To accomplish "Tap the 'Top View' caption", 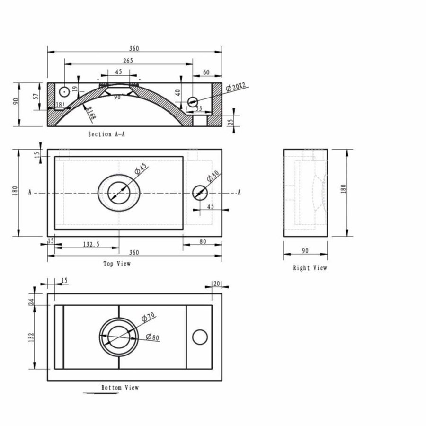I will point(117,264).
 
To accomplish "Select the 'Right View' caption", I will point(310,268).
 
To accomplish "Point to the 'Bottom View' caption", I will point(120,388).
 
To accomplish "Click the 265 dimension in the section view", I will point(128,61).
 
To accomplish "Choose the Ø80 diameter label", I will point(152,337).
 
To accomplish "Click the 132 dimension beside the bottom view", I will point(31,337).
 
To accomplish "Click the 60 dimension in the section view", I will point(206,72).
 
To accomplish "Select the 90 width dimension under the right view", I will point(305,251).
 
